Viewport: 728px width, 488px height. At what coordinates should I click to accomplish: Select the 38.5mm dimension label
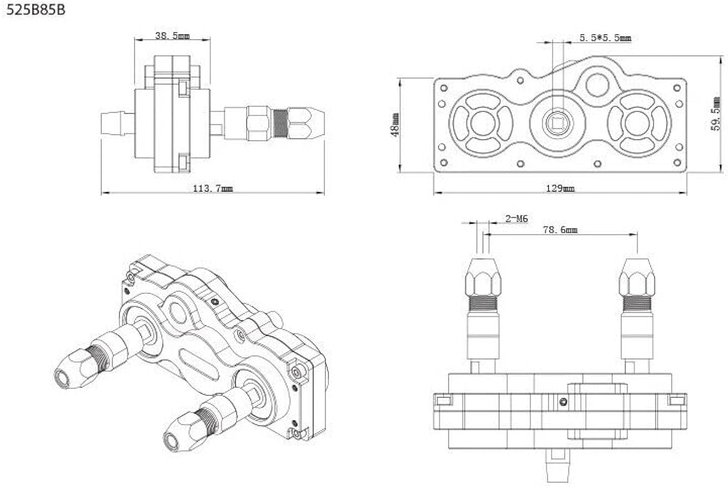(172, 36)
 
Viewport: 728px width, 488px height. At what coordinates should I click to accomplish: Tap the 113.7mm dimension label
(213, 189)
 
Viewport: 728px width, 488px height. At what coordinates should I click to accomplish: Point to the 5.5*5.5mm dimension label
(605, 38)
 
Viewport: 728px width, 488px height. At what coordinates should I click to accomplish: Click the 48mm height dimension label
(395, 125)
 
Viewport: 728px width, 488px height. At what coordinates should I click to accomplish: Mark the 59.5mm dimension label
(716, 113)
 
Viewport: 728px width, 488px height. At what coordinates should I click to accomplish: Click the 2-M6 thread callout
(516, 219)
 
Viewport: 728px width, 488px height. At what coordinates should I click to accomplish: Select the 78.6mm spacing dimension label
(559, 230)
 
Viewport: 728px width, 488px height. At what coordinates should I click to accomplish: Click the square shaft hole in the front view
(556, 123)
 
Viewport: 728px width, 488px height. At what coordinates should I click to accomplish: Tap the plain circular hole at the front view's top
(597, 85)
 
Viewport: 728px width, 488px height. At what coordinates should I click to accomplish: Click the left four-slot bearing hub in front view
(482, 123)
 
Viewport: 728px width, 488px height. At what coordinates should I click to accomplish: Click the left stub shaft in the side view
(118, 123)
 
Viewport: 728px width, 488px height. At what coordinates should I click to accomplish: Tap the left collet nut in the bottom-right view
(483, 278)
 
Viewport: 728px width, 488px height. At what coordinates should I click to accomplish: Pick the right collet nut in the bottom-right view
(637, 278)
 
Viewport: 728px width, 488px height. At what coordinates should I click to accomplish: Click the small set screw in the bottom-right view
(563, 401)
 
